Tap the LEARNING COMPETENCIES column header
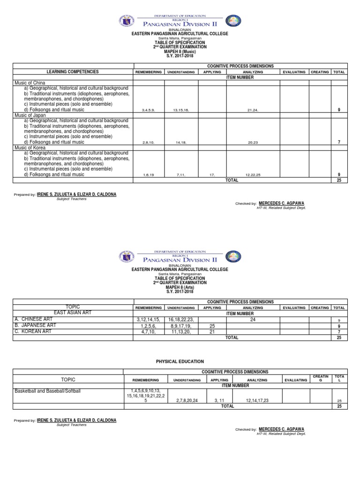pyautogui.click(x=73, y=72)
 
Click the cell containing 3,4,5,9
pyautogui.click(x=149, y=110)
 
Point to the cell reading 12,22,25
pyautogui.click(x=253, y=175)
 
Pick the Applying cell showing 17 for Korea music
pyautogui.click(x=212, y=175)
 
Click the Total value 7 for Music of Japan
pyautogui.click(x=339, y=142)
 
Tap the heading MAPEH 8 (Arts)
pyautogui.click(x=180, y=287)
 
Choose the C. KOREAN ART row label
pyautogui.click(x=34, y=331)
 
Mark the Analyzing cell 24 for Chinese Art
pyautogui.click(x=253, y=319)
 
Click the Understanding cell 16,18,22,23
pyautogui.click(x=181, y=320)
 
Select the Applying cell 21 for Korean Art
pyautogui.click(x=212, y=331)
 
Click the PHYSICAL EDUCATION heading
pyautogui.click(x=180, y=361)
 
